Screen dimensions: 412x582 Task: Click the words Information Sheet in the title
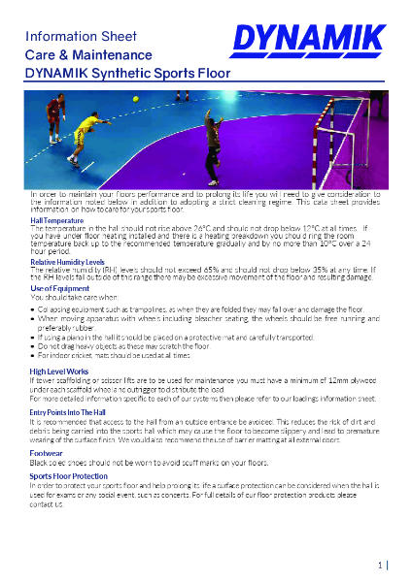(x=67, y=36)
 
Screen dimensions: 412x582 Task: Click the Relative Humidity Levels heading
(x=67, y=262)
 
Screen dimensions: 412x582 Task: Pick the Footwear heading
(x=46, y=452)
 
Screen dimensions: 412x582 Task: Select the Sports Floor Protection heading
(x=68, y=477)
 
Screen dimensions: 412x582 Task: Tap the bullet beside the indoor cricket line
(x=32, y=356)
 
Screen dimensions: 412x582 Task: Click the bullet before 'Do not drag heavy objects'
(x=32, y=346)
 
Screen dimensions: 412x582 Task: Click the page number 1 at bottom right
(x=381, y=564)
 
